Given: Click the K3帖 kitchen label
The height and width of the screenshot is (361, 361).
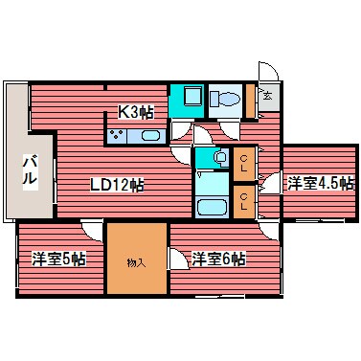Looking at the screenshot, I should tap(136, 112).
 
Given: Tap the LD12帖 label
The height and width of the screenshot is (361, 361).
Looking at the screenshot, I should tap(118, 184).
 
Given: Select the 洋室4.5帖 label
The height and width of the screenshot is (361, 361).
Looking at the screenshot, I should tap(320, 182).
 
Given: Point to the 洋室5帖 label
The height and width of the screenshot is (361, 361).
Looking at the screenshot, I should tap(58, 259).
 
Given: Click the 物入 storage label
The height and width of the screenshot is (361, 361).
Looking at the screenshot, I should tap(137, 259).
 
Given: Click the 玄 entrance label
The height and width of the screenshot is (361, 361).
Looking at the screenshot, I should tap(267, 96).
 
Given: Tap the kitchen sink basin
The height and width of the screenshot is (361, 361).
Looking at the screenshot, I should tap(148, 136).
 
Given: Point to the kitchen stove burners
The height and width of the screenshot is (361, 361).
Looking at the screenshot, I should tap(120, 136).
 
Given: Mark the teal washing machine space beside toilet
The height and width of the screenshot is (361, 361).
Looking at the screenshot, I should tap(186, 99).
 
